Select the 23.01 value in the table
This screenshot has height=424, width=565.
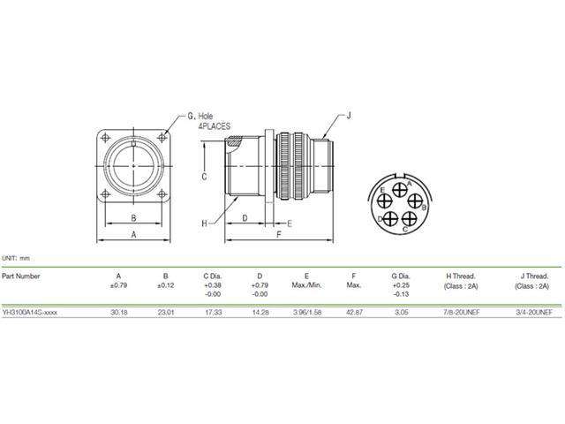click(165, 312)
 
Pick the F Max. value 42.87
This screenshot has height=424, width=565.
click(353, 312)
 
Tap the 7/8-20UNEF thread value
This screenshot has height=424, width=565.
click(462, 312)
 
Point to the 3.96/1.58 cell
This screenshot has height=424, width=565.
click(306, 312)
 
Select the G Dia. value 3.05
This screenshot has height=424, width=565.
click(400, 312)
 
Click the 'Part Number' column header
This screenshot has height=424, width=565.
click(20, 276)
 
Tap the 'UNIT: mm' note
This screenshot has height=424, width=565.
click(15, 256)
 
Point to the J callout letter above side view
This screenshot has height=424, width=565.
click(349, 116)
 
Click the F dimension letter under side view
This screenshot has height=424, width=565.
click(279, 236)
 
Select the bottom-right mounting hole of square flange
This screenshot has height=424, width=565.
click(162, 193)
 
